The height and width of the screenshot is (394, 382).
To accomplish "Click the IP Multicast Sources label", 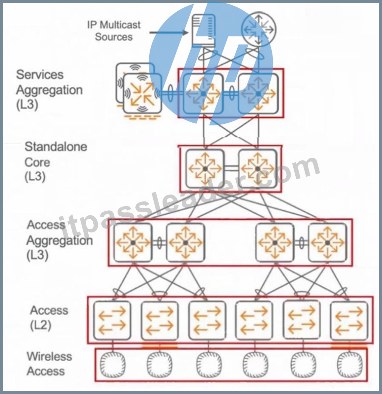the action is coord(114,31).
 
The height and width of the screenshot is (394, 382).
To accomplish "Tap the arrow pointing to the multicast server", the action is coord(168,32).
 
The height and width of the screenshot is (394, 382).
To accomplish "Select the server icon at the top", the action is coord(204,31).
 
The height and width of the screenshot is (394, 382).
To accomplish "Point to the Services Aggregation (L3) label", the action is coord(49,90).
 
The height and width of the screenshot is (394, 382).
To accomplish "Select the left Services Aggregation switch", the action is coord(203,93).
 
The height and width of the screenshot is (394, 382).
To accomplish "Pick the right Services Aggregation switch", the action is coord(258,93).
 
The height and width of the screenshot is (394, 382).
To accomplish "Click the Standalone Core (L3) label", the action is coord(56,162).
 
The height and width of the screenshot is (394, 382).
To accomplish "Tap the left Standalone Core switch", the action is coord(205,169).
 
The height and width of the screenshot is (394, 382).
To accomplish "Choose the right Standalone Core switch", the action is coord(257,169).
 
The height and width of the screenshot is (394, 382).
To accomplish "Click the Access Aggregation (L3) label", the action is coord(60,240).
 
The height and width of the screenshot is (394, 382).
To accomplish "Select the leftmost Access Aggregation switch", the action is coord(133,242).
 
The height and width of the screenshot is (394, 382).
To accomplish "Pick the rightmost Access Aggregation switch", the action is coord(327,242).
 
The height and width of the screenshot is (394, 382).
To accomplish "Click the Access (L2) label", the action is coord(49,318).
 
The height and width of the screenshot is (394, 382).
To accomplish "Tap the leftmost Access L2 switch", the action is coord(112,320).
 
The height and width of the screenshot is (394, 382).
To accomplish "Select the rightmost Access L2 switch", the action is coord(349,320).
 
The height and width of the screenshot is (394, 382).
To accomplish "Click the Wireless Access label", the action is coord(49,364).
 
